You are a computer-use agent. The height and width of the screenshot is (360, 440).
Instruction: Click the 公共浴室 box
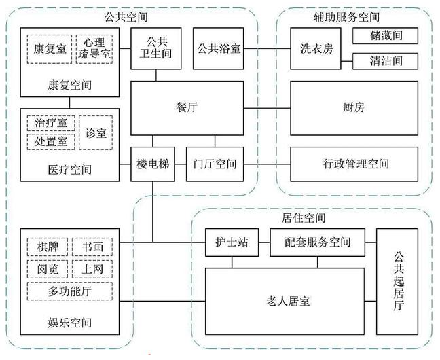pyautogui.click(x=219, y=49)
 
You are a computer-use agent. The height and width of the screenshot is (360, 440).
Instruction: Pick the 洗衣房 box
pyautogui.click(x=317, y=49)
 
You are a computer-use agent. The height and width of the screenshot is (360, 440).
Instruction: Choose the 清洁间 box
pyautogui.click(x=384, y=61)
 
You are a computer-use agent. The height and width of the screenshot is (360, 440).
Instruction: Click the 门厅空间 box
pyautogui.click(x=214, y=164)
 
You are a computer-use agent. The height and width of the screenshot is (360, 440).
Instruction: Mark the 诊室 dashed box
pyautogui.click(x=96, y=132)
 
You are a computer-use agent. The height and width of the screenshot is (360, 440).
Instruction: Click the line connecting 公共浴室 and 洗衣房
pyautogui.click(x=267, y=49)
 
